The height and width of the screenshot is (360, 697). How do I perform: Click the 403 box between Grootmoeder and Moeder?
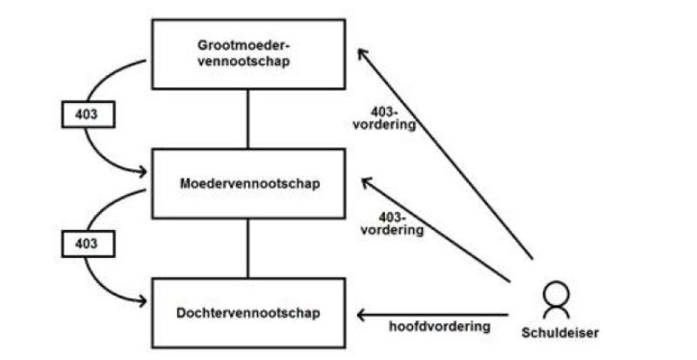pos(88,114)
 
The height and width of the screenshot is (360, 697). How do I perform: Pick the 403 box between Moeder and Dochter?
pos(88,244)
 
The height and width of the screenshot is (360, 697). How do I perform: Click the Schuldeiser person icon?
pos(556,299)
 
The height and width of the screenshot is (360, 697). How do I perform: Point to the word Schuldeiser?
pos(559,332)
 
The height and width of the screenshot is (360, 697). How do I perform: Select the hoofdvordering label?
pos(440,326)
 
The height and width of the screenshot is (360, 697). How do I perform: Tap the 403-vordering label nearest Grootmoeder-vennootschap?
pos(384,119)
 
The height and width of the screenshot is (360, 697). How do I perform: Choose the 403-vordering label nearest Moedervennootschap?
pos(392,224)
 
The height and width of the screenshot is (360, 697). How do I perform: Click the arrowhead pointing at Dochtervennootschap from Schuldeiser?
pos(362,315)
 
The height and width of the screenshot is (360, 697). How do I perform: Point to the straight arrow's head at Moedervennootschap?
pos(366,182)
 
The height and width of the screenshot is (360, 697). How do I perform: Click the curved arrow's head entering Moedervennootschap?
pos(143,172)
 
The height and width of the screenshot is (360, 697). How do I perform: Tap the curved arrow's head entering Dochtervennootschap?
pos(143,302)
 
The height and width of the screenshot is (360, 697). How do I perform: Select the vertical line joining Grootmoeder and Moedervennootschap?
pos(248,119)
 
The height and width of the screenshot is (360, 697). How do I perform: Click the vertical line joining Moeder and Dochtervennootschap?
pos(248,248)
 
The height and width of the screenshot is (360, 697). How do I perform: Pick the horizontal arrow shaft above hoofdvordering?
pos(432,315)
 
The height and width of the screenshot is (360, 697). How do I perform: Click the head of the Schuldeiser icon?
pos(556,292)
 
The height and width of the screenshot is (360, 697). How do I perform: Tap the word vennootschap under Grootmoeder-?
pos(244,61)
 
